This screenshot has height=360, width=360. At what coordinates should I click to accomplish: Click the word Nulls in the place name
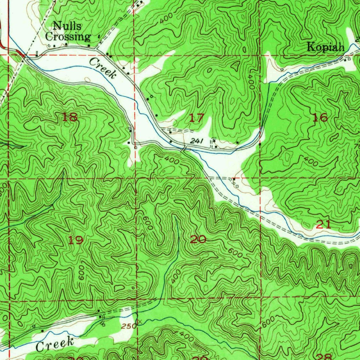(67, 26)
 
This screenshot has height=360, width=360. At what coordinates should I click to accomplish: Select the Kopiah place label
(326, 47)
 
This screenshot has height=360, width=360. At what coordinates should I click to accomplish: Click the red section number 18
(70, 117)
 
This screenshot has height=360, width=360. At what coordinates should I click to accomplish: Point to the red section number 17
(197, 118)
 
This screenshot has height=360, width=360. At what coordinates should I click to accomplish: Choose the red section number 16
(320, 118)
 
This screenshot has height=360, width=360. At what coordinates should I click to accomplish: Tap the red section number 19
(76, 240)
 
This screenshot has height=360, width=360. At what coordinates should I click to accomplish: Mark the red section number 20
(198, 240)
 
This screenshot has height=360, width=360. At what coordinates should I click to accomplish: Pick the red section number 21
(323, 224)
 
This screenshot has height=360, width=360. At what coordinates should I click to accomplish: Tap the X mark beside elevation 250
(140, 321)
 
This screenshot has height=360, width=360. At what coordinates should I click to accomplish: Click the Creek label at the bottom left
(55, 344)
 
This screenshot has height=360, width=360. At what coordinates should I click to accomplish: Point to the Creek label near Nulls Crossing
(102, 68)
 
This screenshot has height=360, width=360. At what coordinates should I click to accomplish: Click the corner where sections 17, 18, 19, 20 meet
(135, 178)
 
